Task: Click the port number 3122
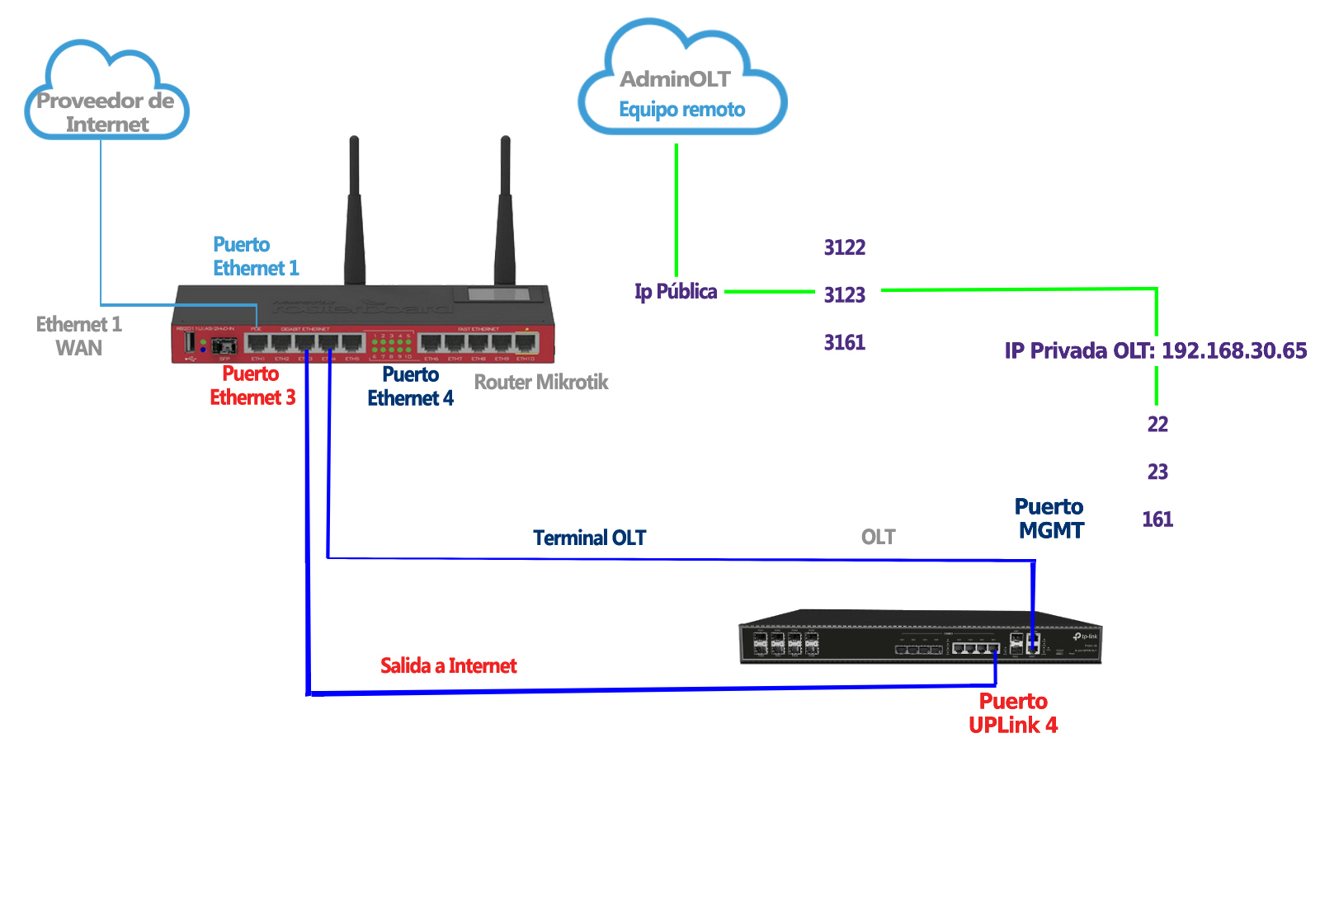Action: [x=845, y=247]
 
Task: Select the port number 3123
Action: [x=845, y=294]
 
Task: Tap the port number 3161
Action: [x=845, y=342]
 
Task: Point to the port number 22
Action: [x=1157, y=424]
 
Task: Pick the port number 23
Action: [x=1157, y=472]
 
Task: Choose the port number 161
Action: [x=1157, y=519]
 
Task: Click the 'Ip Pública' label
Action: [x=676, y=291]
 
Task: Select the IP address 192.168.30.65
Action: [x=1234, y=350]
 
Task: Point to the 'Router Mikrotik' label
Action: [x=541, y=382]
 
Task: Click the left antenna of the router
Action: [x=355, y=214]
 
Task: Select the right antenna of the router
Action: [x=504, y=214]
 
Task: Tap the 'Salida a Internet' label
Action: [x=448, y=665]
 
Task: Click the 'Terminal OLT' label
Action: [x=589, y=538]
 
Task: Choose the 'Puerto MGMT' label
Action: [x=1049, y=519]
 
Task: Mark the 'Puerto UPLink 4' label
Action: [x=1013, y=713]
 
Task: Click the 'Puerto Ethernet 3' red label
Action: [x=252, y=386]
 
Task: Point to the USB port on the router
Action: [x=189, y=341]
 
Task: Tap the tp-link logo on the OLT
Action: [x=1086, y=637]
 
